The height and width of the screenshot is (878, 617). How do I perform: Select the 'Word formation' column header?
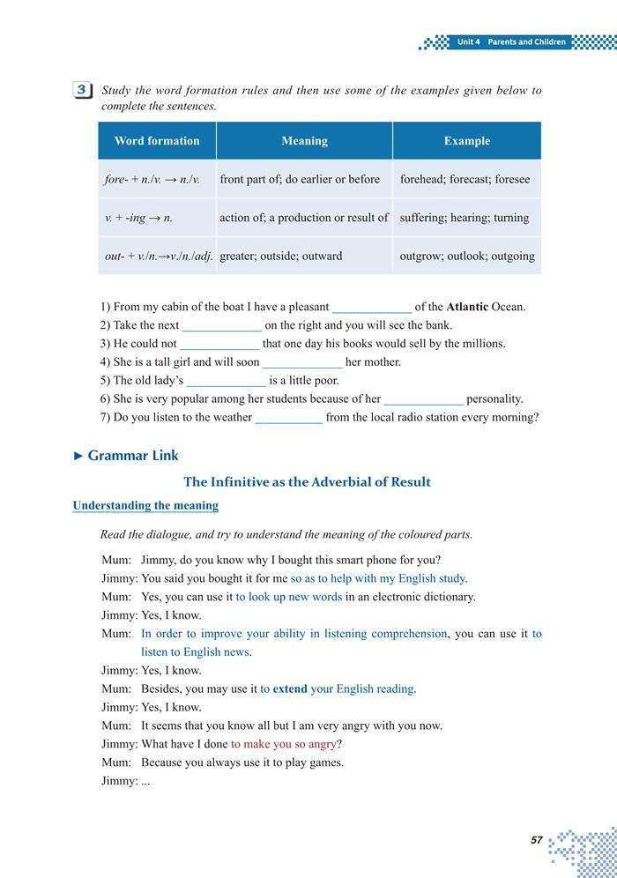(157, 141)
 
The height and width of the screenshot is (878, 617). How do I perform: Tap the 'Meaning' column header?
(304, 141)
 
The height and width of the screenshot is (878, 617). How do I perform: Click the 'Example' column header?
(466, 141)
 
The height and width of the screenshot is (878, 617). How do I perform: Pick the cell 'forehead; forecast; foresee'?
(465, 179)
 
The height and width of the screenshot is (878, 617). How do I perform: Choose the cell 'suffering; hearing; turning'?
(465, 218)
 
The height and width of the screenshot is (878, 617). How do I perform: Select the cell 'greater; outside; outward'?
(280, 257)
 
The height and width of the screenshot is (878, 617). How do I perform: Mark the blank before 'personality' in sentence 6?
(423, 399)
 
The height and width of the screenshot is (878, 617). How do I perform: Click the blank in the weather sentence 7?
(288, 418)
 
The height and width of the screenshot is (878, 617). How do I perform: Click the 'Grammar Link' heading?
(132, 456)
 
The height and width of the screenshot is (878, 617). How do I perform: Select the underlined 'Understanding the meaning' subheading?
(145, 506)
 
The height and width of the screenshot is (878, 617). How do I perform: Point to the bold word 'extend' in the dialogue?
(290, 689)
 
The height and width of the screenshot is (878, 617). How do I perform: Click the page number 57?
(536, 840)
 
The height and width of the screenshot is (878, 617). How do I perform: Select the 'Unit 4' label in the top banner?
(468, 41)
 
